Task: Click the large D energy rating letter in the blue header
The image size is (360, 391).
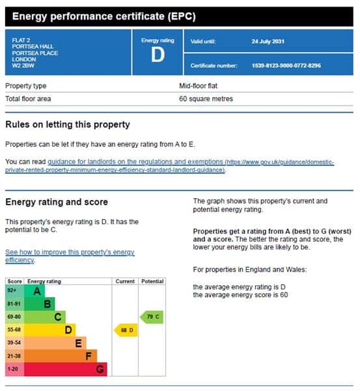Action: [158, 55]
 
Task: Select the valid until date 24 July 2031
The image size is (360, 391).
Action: [268, 42]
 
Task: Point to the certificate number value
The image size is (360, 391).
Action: [286, 66]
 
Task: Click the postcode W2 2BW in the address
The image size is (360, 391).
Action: [23, 66]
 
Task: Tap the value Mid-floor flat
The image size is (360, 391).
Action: [198, 86]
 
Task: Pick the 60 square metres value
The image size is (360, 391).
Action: [206, 99]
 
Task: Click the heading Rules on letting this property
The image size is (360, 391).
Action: [68, 124]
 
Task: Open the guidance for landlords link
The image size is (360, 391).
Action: [169, 166]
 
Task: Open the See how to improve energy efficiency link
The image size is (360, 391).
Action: [70, 256]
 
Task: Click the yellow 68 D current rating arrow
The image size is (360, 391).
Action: [126, 330]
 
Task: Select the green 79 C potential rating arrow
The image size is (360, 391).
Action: [152, 317]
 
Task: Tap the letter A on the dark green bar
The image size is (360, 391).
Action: [37, 291]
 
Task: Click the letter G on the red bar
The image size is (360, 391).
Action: [100, 369]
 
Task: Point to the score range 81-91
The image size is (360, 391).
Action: [14, 304]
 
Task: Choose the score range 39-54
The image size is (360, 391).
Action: [14, 343]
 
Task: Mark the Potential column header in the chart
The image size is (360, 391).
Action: [152, 282]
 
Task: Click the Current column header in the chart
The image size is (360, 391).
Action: [125, 282]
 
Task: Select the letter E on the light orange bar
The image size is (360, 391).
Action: [79, 343]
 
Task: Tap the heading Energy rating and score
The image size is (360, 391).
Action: [57, 202]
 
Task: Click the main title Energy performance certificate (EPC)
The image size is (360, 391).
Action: [104, 16]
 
